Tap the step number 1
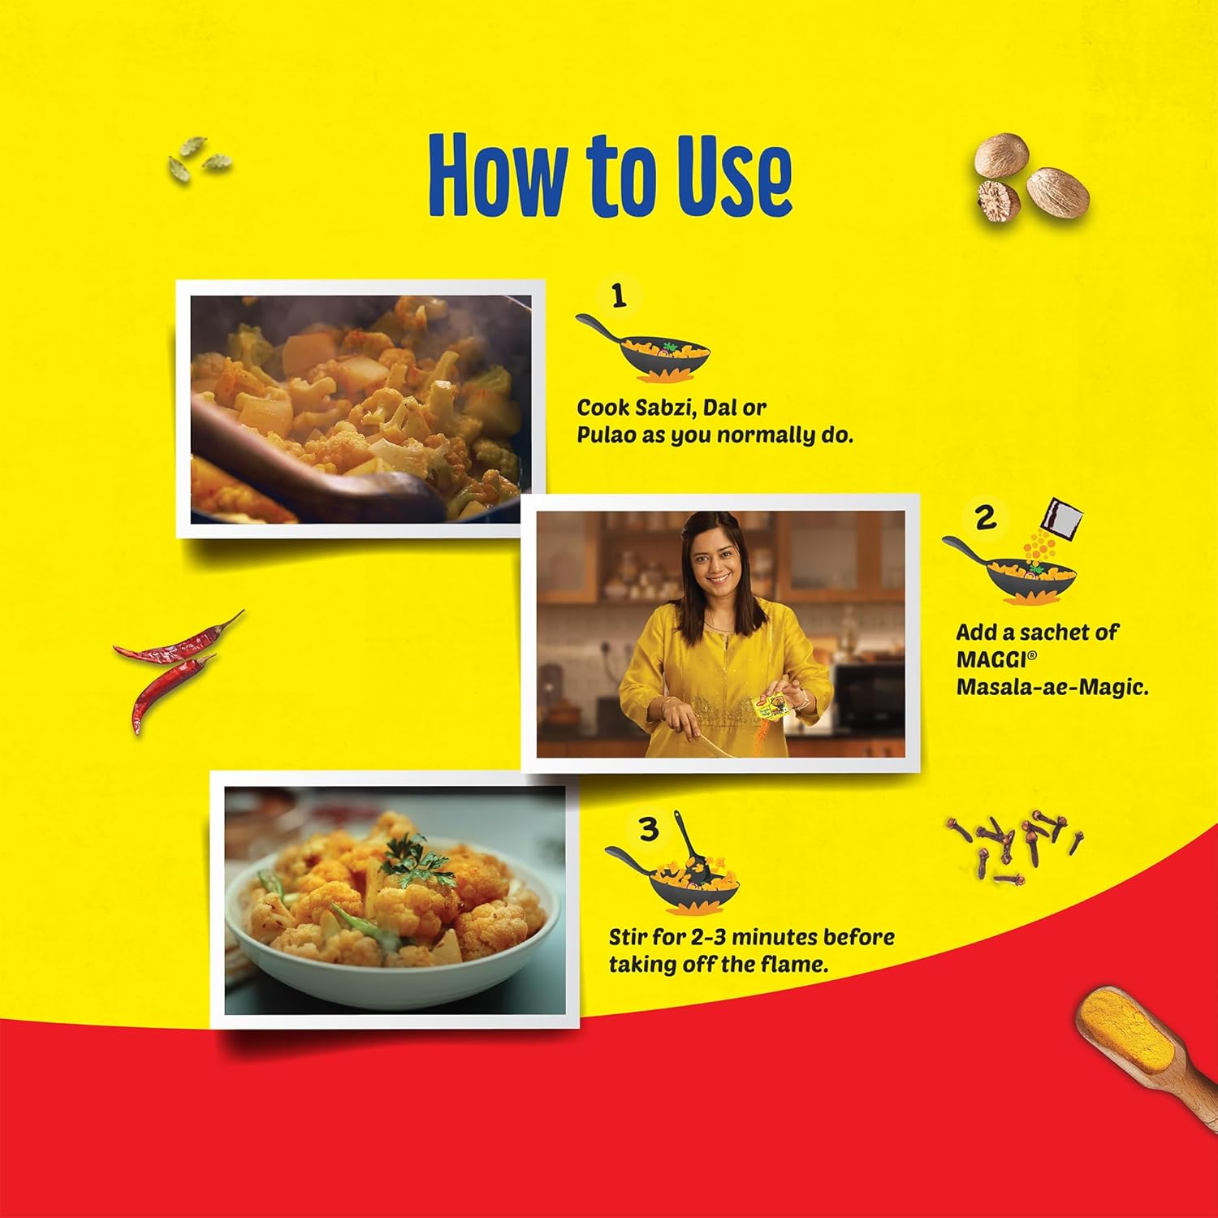click(619, 296)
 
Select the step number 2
click(985, 517)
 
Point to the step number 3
click(648, 830)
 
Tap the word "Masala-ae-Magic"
click(1052, 688)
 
